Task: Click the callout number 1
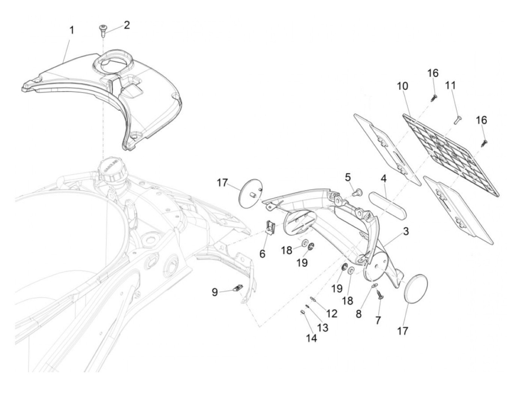coord(71,30)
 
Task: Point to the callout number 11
coord(450,85)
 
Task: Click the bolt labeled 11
coord(457,121)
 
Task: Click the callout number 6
coord(262,254)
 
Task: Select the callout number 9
coord(215,292)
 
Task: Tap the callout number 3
coord(405,232)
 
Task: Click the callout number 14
coord(311,338)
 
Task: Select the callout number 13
coord(323,328)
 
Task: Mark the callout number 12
coord(332,313)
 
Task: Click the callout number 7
coord(378,320)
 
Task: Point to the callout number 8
coord(359,313)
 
